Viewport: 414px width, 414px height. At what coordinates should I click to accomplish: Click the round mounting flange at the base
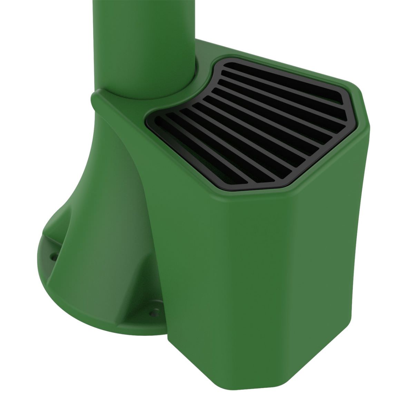point(69,286)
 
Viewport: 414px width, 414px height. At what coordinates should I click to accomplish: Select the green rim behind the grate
point(276,53)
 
